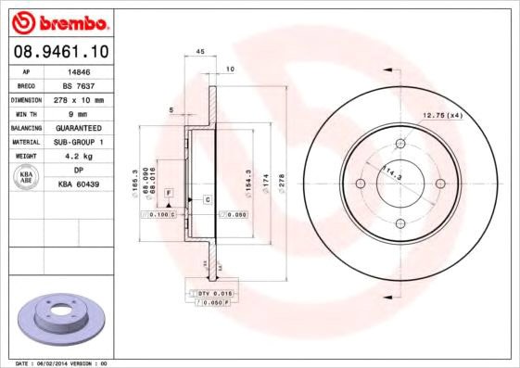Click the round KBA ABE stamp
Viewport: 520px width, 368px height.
coord(28,178)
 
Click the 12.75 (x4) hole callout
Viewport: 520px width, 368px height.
coord(442,115)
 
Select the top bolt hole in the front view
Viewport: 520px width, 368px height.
coord(400,144)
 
